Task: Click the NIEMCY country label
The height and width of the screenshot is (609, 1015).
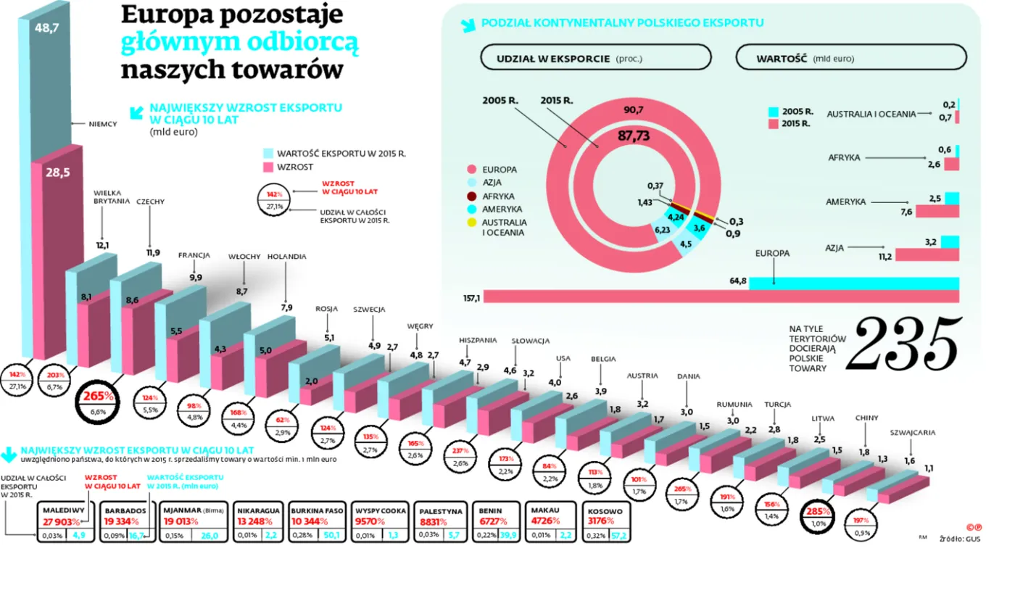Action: point(102,124)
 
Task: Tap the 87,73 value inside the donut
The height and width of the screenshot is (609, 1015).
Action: point(633,136)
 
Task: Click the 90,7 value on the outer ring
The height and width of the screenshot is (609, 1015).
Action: point(633,110)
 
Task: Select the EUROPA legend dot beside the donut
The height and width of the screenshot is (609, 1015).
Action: point(472,170)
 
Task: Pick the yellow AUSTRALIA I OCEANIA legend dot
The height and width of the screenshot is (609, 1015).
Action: point(472,222)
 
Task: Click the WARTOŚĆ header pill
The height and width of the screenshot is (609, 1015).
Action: point(850,57)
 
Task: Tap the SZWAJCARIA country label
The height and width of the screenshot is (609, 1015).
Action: point(912,433)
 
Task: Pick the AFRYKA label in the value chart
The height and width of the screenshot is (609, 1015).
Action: point(844,157)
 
